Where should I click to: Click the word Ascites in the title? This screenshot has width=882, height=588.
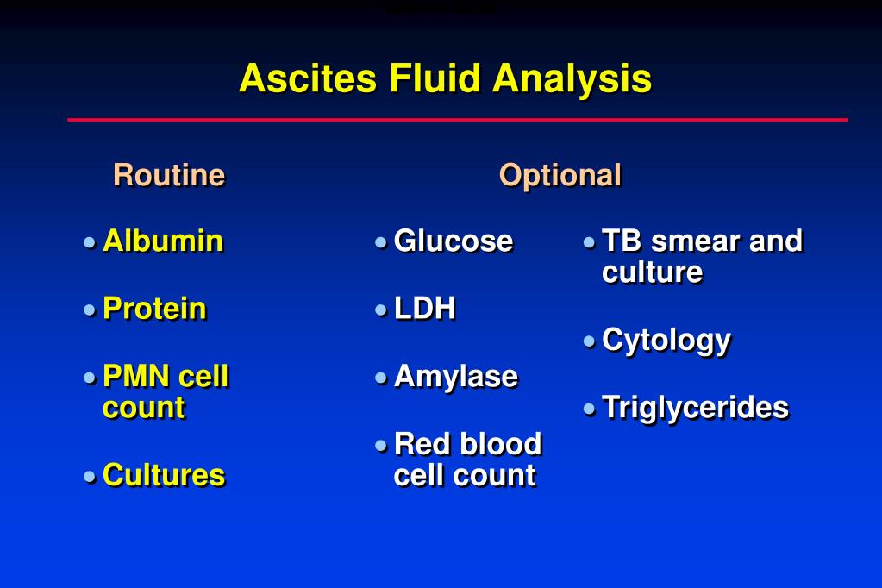coord(308,78)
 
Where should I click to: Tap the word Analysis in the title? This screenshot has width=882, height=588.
coord(572,79)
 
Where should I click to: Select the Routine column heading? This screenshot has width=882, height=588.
coord(169,174)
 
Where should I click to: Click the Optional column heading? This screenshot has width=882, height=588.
coord(560,176)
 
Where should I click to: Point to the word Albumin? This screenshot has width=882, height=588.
coord(163,241)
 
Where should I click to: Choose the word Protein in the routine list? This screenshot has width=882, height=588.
coord(154,309)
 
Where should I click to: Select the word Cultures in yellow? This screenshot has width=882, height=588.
coord(164,475)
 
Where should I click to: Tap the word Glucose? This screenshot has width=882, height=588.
coord(454,241)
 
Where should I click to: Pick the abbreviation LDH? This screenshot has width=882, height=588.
coord(425,309)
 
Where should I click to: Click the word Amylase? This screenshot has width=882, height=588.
coord(455,377)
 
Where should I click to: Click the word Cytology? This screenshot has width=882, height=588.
coord(666,341)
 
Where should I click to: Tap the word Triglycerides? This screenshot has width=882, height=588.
coord(695,408)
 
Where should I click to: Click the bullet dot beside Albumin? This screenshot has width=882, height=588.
coord(90,242)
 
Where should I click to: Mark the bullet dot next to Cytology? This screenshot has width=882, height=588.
coord(589,341)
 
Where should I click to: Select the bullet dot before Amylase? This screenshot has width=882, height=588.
coord(381,378)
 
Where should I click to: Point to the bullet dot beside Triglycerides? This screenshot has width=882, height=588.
coord(589,409)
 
